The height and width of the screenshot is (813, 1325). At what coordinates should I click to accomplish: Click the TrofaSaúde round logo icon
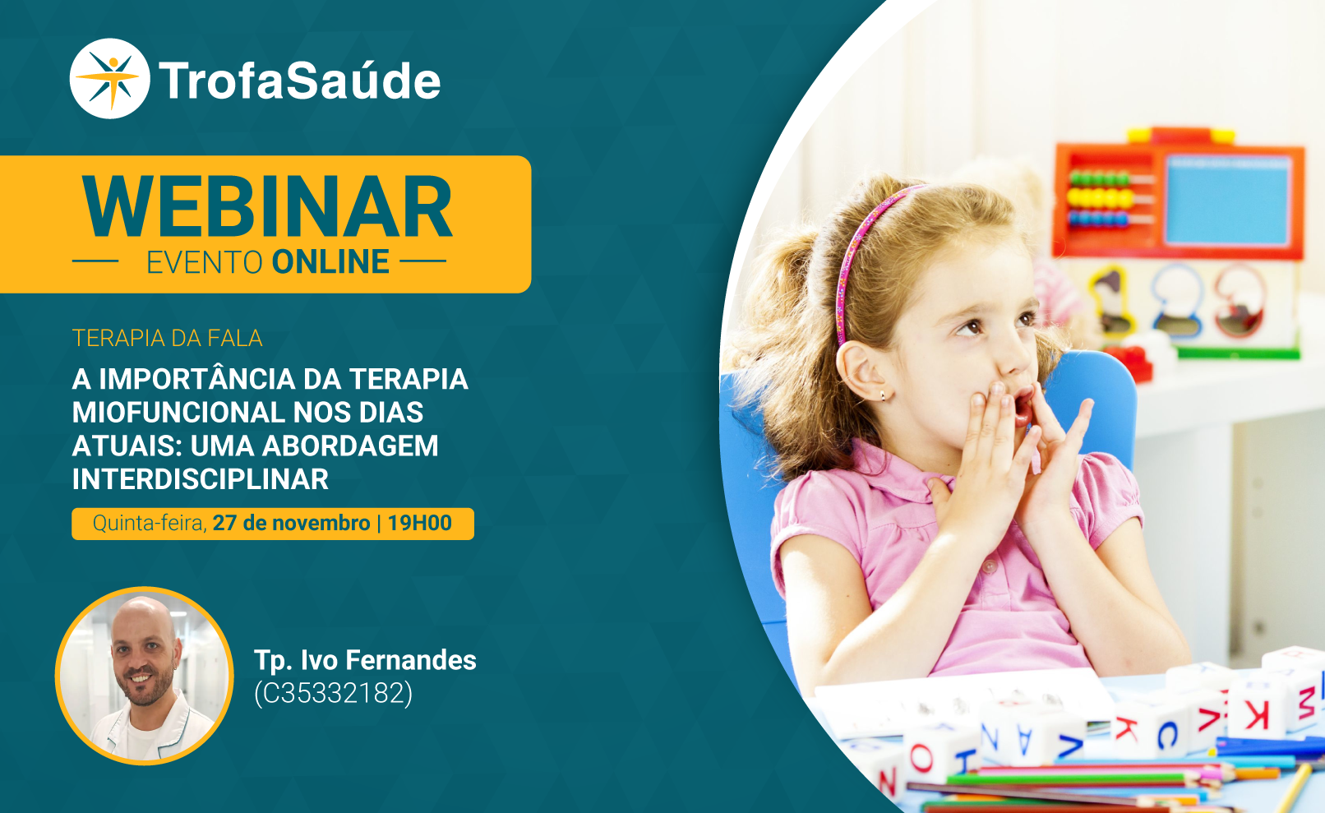[x=109, y=79]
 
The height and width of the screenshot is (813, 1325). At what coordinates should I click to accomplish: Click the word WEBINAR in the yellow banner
[x=267, y=207]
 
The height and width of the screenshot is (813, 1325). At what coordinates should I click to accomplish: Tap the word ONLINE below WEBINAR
[x=330, y=261]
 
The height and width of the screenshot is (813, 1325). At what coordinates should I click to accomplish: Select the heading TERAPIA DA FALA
[x=168, y=338]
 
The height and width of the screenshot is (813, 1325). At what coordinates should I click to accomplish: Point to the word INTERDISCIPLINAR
[x=200, y=478]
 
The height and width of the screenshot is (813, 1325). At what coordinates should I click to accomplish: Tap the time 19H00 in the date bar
[x=419, y=523]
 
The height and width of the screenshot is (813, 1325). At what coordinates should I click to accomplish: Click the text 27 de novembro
[x=291, y=523]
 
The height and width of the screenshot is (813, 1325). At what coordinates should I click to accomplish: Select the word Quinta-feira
[x=150, y=524]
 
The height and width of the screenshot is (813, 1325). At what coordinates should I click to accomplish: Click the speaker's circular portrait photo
[x=145, y=676]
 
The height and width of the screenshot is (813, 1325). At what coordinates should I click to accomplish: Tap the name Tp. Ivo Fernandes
[x=365, y=660]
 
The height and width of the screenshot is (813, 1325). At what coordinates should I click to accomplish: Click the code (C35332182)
[x=333, y=693]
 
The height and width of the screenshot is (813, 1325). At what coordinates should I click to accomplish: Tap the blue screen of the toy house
[x=1227, y=200]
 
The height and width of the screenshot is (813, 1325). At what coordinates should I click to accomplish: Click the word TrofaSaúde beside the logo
[x=299, y=81]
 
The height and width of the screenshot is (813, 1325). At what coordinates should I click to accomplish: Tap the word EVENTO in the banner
[x=204, y=262]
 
